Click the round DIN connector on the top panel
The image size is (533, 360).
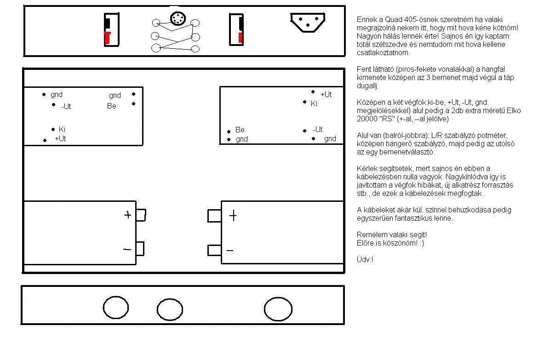pyautogui.click(x=178, y=19)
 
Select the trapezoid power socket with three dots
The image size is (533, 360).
pyautogui.click(x=307, y=22)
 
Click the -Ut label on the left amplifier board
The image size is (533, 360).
pyautogui.click(x=66, y=107)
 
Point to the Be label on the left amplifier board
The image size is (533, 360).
pyautogui.click(x=112, y=106)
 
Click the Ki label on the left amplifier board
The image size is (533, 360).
pyautogui.click(x=62, y=130)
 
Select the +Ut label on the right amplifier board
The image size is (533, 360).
pyautogui.click(x=326, y=95)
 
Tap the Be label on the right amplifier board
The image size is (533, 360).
pyautogui.click(x=240, y=130)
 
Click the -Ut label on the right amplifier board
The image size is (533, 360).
pyautogui.click(x=317, y=130)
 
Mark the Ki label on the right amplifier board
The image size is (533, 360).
pyautogui.click(x=314, y=104)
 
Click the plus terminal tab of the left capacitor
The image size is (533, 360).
pyautogui.click(x=141, y=215)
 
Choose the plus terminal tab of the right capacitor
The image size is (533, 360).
pyautogui.click(x=214, y=216)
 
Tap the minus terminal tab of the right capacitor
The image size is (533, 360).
pyautogui.click(x=214, y=250)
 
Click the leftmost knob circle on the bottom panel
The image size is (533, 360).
pyautogui.click(x=115, y=308)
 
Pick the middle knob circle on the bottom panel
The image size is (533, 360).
pyautogui.click(x=170, y=309)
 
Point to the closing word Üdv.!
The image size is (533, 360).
pyautogui.click(x=365, y=260)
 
